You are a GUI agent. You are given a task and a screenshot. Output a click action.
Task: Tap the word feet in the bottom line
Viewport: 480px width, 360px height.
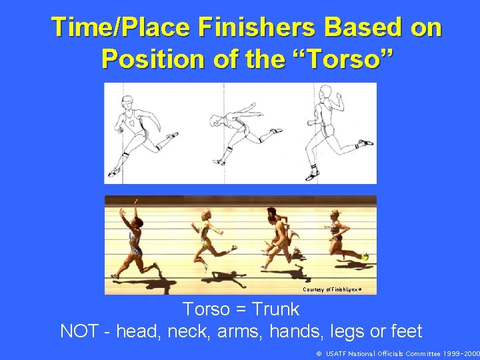coord(407,331)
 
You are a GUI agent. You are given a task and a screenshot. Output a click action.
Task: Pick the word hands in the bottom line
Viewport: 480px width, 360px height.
coord(293,331)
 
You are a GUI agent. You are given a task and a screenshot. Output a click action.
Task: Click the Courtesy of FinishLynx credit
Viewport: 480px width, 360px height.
coord(339,289)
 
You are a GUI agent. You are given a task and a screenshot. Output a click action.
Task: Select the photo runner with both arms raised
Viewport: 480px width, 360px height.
coord(134,237)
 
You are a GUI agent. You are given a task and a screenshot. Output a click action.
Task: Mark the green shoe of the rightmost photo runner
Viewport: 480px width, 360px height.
coord(365,257)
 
